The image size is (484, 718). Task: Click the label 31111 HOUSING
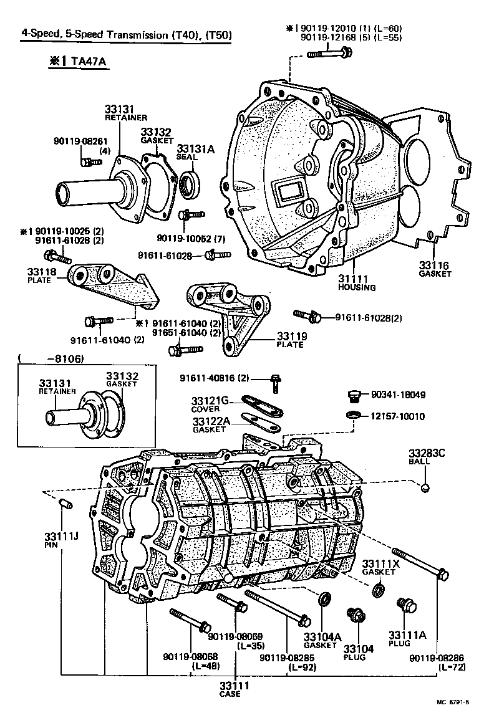coord(357,282)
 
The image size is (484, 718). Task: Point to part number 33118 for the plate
coord(41,272)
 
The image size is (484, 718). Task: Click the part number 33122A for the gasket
coord(211,422)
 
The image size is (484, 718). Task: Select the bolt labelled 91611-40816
coord(274,382)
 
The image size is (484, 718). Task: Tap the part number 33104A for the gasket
coord(322,637)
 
